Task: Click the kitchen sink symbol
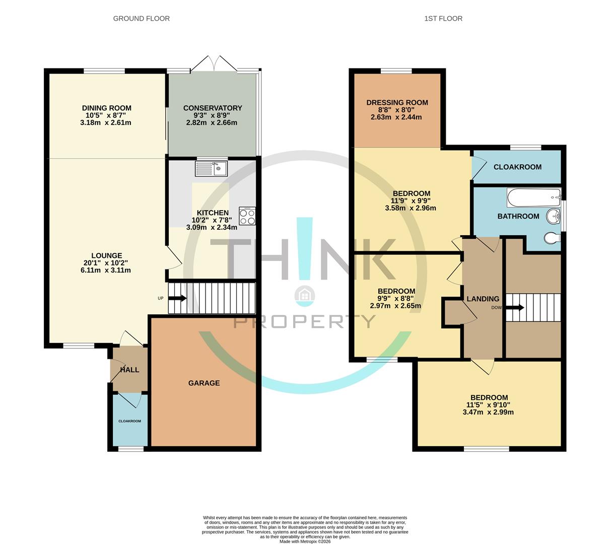coord(212,168)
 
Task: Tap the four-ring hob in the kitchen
coord(247,216)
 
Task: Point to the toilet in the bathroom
coord(552,237)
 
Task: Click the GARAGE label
coord(204,383)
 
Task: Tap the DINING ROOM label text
coord(106,108)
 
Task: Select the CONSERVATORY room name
coord(213,108)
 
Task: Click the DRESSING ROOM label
coord(397,102)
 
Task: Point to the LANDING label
coord(483,299)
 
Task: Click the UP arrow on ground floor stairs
coord(177,298)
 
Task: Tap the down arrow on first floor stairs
coord(515,307)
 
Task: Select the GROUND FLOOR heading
coord(141,19)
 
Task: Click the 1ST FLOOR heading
coord(443,19)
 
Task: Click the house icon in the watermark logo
coord(305,296)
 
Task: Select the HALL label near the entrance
coord(129,370)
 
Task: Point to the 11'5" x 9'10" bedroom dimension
coord(488,404)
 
